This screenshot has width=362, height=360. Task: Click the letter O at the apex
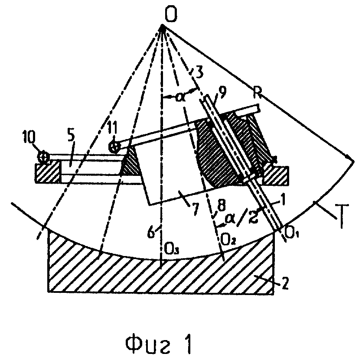[171, 15]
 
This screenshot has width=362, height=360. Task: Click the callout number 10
[29, 137]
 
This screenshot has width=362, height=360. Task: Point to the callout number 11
[113, 128]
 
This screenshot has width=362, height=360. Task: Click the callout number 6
[151, 232]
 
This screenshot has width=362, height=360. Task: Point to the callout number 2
[285, 283]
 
